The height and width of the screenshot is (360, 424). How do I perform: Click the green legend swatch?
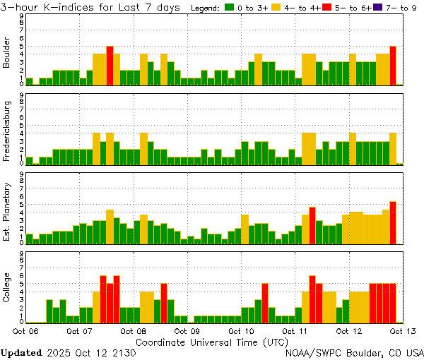tap(230, 8)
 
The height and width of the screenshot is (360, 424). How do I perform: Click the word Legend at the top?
tap(206, 8)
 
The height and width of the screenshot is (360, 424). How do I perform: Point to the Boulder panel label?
tap(7, 53)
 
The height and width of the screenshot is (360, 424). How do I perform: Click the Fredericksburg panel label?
tap(7, 132)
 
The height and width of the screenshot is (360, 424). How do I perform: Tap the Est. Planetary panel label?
tap(7, 211)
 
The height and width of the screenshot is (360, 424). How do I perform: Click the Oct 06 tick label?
tap(25, 330)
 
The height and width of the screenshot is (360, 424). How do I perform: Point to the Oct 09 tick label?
tap(187, 330)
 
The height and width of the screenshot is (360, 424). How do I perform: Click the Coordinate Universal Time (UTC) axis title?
tap(212, 341)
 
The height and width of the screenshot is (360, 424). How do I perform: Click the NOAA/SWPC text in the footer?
tap(314, 352)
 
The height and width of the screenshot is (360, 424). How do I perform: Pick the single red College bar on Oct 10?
tap(265, 302)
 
